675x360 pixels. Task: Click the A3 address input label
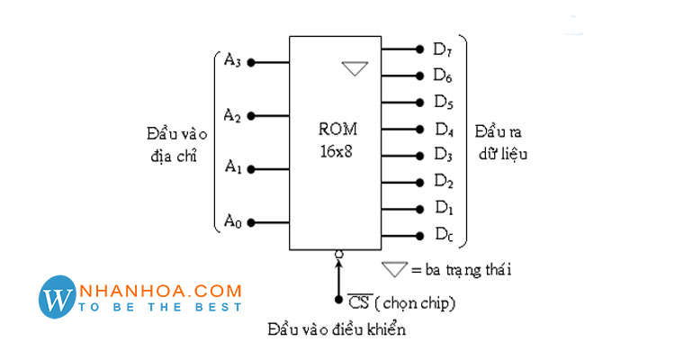[x=232, y=61]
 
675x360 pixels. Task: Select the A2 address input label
[x=232, y=115]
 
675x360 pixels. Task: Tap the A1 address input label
[x=232, y=167]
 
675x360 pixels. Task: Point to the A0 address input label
[x=232, y=220]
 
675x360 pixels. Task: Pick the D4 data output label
[x=442, y=128]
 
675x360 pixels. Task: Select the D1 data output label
[x=442, y=208]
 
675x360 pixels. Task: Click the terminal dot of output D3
[x=419, y=155]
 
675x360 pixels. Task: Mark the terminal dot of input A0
[x=252, y=222]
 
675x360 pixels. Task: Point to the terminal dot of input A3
[x=252, y=62]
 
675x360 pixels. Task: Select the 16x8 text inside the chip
[x=337, y=150]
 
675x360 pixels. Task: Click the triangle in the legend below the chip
[x=394, y=268]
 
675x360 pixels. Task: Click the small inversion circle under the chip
[x=338, y=255]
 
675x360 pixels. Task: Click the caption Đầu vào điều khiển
[x=337, y=329]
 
